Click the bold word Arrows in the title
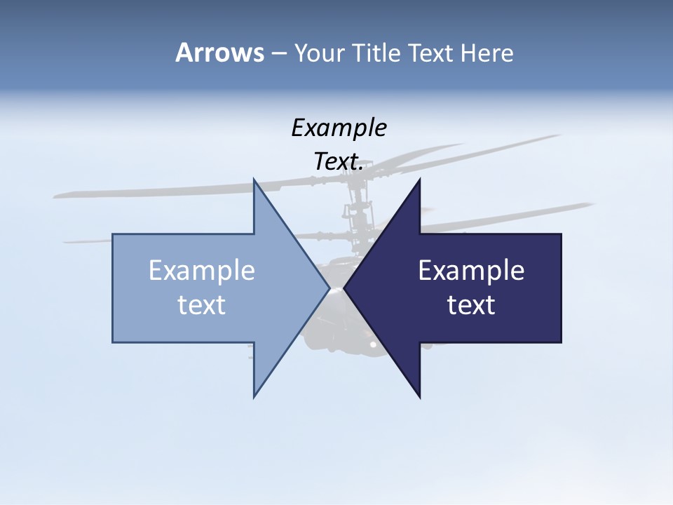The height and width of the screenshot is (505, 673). click(219, 53)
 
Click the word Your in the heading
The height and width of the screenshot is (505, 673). click(319, 53)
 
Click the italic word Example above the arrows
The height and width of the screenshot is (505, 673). click(339, 128)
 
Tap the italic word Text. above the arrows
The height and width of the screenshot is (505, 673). click(339, 161)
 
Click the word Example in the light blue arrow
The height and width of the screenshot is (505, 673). click(202, 271)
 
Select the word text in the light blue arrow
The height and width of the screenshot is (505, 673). click(202, 305)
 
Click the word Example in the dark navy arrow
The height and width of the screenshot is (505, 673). click(471, 271)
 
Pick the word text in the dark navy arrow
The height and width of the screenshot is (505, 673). click(471, 305)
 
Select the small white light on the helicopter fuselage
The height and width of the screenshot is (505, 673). click(373, 344)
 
